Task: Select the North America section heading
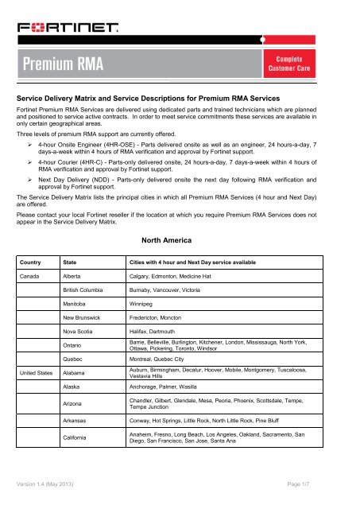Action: click(x=180, y=236)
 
